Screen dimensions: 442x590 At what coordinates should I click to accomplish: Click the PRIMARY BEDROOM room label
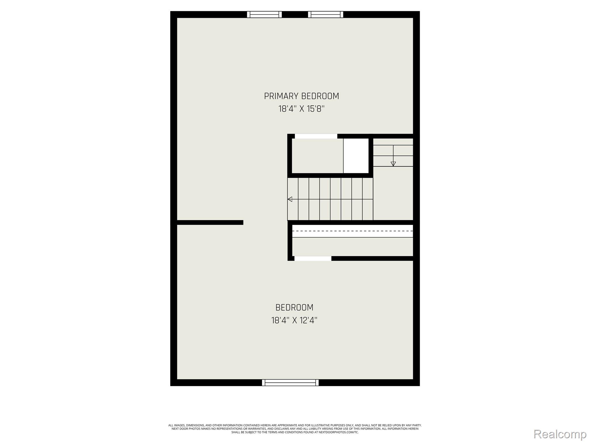(301, 96)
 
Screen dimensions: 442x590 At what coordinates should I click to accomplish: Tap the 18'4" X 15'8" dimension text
(301, 109)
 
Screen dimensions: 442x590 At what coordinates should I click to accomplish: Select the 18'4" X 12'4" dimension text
(294, 321)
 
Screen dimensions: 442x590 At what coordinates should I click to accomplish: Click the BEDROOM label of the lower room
(294, 308)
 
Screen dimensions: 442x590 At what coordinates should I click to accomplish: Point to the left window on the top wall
(264, 14)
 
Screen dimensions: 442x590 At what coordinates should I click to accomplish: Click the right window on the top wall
(326, 14)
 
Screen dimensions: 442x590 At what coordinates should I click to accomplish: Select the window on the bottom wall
(290, 382)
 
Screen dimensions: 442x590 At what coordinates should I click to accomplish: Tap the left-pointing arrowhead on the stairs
(290, 199)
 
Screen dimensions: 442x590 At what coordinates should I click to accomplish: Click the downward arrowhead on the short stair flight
(393, 164)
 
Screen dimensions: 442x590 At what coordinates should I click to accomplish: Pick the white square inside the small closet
(356, 156)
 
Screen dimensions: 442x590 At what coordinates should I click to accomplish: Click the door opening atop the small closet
(316, 136)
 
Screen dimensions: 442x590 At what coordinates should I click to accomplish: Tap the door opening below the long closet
(313, 258)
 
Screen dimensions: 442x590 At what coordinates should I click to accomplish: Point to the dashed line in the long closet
(353, 231)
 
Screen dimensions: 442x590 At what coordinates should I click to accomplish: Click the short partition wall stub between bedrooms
(210, 222)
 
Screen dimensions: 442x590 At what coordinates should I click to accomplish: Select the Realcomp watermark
(560, 434)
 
